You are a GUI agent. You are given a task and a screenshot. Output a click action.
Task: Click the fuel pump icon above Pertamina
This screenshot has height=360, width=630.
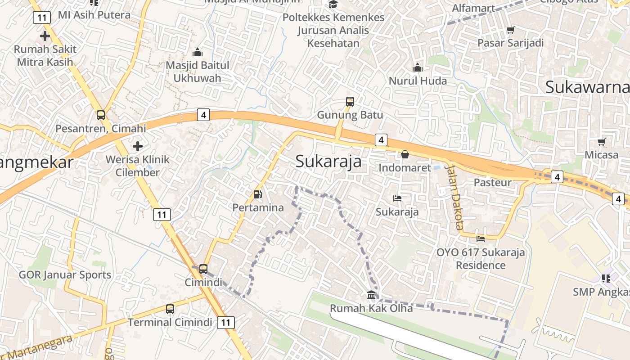coord(258,194)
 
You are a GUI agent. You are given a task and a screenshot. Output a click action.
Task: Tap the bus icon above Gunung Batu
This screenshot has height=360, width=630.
coord(350,102)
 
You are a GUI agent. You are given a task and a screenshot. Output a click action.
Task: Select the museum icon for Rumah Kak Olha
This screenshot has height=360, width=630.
coord(372,295)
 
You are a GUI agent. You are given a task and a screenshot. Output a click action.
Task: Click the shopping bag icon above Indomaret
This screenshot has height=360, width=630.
coord(405,154)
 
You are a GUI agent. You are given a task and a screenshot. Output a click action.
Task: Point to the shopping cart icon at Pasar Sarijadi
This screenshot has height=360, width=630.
coord(510,30)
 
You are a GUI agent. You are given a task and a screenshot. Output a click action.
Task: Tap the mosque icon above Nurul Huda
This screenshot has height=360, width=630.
coord(418,68)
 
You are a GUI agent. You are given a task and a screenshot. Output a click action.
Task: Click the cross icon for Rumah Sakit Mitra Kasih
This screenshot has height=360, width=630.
coord(45,36)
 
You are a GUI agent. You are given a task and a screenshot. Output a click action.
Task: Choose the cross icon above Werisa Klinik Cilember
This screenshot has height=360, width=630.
coord(138,146)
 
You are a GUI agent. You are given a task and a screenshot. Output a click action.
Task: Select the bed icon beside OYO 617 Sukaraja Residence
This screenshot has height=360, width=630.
coord(481,238)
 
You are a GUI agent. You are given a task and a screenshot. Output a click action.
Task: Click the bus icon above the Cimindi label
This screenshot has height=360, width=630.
coord(203,269)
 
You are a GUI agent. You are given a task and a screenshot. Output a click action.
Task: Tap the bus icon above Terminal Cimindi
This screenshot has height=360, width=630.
coord(170,309)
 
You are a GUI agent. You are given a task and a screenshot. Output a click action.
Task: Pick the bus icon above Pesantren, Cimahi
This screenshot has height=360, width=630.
coord(101,115)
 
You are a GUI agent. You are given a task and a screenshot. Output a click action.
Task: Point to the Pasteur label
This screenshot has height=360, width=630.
coord(493,182)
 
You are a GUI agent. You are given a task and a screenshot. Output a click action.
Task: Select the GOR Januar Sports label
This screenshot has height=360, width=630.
coord(65,274)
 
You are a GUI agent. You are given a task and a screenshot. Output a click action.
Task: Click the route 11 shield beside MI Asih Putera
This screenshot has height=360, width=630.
coord(41,18)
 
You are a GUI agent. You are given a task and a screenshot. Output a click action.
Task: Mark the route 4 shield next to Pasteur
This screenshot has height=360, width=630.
coord(557,177)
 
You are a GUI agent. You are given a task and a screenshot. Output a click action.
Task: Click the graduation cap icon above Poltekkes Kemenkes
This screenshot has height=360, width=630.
coord(333,4)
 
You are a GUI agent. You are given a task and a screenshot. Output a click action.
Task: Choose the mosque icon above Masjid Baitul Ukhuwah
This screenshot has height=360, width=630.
coord(198,53)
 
